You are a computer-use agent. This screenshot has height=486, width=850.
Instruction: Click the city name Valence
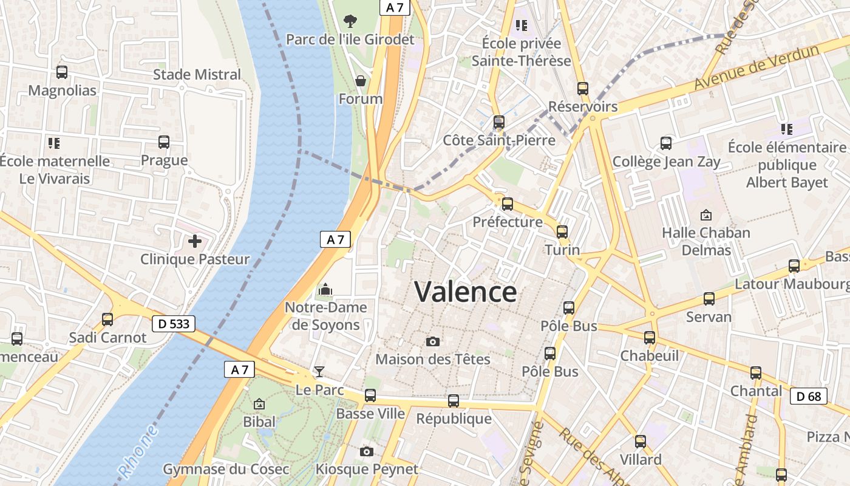pyautogui.click(x=466, y=292)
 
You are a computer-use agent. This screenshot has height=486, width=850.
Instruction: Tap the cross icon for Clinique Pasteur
pyautogui.click(x=195, y=242)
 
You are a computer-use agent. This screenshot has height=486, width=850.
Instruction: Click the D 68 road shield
pyautogui.click(x=809, y=397)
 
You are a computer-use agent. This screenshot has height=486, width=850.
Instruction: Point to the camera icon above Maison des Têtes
pyautogui.click(x=433, y=342)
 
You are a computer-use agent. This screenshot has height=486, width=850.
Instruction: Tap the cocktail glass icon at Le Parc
pyautogui.click(x=319, y=372)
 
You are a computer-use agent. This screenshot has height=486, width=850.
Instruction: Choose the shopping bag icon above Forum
pyautogui.click(x=361, y=81)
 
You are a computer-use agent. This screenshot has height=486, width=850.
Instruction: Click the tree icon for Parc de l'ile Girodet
pyautogui.click(x=350, y=22)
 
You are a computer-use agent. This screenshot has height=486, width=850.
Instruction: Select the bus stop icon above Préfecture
pyautogui.click(x=508, y=204)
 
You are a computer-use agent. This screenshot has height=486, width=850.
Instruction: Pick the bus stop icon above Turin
pyautogui.click(x=562, y=231)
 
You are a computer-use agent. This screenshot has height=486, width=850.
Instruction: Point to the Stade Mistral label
pyautogui.click(x=197, y=75)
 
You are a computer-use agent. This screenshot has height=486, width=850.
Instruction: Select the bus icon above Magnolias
pyautogui.click(x=62, y=72)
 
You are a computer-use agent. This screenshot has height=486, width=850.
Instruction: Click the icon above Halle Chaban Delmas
pyautogui.click(x=706, y=215)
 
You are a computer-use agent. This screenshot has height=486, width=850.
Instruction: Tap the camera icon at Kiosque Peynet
pyautogui.click(x=366, y=451)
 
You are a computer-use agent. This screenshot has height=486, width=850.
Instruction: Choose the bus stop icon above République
pyautogui.click(x=454, y=401)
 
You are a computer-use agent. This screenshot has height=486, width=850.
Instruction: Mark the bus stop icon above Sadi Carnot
pyautogui.click(x=107, y=319)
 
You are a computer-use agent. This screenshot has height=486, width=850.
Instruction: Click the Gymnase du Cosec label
pyautogui.click(x=226, y=470)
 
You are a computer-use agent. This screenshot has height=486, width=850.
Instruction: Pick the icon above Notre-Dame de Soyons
pyautogui.click(x=325, y=289)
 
